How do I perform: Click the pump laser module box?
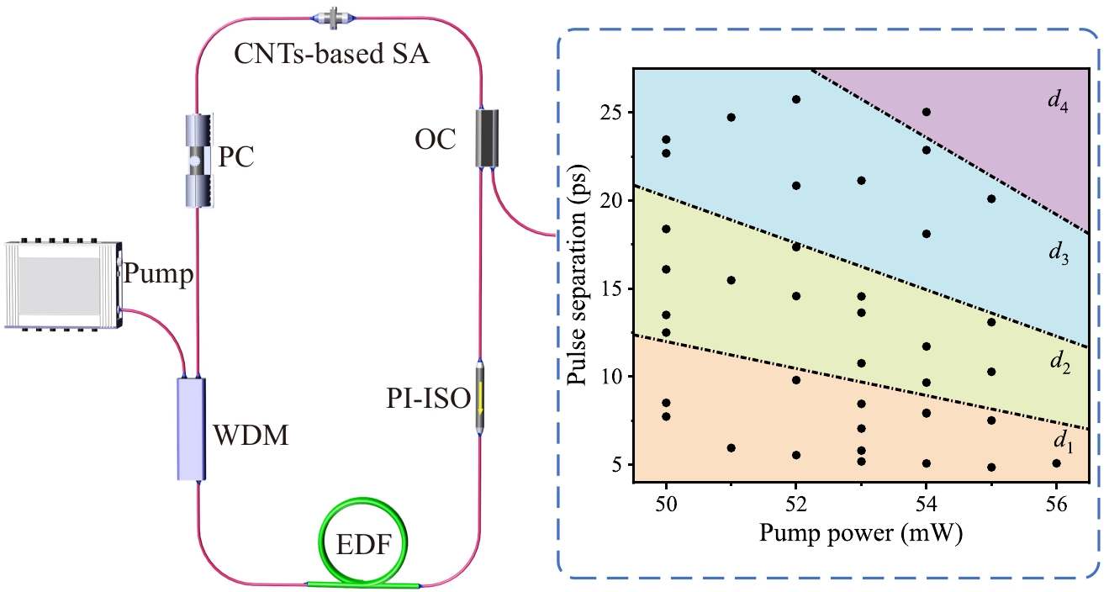pyautogui.click(x=61, y=285)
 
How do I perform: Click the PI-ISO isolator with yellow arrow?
pyautogui.click(x=480, y=399)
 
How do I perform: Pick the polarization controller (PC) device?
pyautogui.click(x=196, y=160)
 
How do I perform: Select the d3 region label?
pyautogui.click(x=1058, y=251)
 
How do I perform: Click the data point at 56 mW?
pyautogui.click(x=1056, y=463)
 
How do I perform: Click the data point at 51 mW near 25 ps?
pyautogui.click(x=731, y=117)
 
